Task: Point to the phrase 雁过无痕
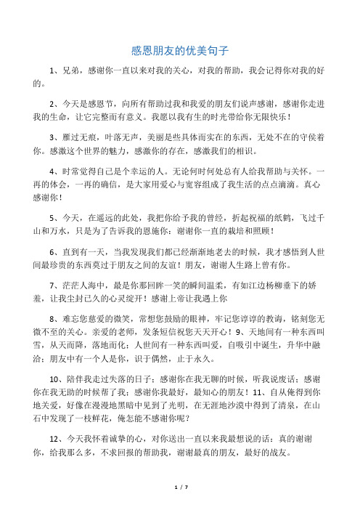(77, 137)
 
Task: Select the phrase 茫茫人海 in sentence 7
(77, 285)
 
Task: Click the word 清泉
(284, 422)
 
